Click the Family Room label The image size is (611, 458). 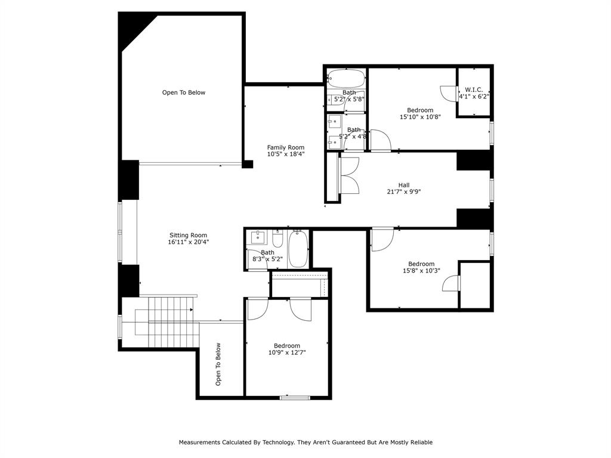coord(285,147)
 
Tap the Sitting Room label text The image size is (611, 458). coord(188,235)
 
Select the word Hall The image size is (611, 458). coord(404,184)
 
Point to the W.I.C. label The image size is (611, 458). coord(474,89)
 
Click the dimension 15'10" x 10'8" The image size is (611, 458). coord(420,117)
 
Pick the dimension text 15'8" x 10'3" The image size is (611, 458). coord(421,271)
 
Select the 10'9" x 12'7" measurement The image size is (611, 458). coord(287,352)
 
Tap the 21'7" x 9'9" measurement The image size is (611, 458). coord(404,191)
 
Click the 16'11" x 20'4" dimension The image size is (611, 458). coord(188,242)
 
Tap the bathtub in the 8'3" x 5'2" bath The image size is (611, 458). coord(297,249)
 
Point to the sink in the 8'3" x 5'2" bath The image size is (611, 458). coord(257,238)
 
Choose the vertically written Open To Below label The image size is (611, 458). coord(218,364)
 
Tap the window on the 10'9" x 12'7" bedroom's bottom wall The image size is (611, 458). coord(295,397)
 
